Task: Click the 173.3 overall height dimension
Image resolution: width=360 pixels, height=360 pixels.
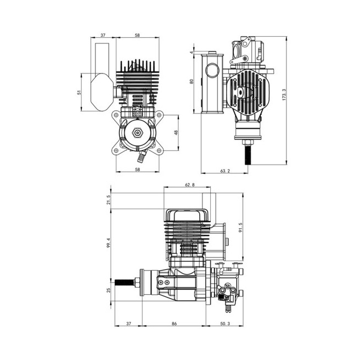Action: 284,94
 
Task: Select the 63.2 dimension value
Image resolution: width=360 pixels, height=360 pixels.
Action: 225,171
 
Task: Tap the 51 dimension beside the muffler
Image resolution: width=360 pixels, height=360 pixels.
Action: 79,93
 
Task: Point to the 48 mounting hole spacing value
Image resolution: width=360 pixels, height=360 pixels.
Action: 176,132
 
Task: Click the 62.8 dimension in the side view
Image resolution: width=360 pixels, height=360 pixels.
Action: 190,185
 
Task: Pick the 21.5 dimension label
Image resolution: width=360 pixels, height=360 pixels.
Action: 109,200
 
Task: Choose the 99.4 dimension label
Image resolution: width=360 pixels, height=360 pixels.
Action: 109,243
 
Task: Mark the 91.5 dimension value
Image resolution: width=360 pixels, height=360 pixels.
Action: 240,228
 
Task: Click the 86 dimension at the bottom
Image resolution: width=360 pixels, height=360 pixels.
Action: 175,323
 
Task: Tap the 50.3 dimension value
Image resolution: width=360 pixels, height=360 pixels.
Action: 225,323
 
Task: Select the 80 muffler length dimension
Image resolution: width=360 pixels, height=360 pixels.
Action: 192,81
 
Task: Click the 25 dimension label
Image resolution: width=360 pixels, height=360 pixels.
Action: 109,290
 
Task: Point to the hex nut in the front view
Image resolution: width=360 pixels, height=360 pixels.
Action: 138,132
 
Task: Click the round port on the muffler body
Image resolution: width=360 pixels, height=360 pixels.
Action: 212,71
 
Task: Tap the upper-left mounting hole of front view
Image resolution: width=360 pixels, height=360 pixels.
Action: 116,115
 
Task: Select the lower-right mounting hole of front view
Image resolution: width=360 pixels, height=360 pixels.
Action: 159,150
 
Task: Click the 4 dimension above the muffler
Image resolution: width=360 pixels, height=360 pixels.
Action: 192,52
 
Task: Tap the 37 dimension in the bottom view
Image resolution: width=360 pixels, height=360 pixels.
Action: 128,323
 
